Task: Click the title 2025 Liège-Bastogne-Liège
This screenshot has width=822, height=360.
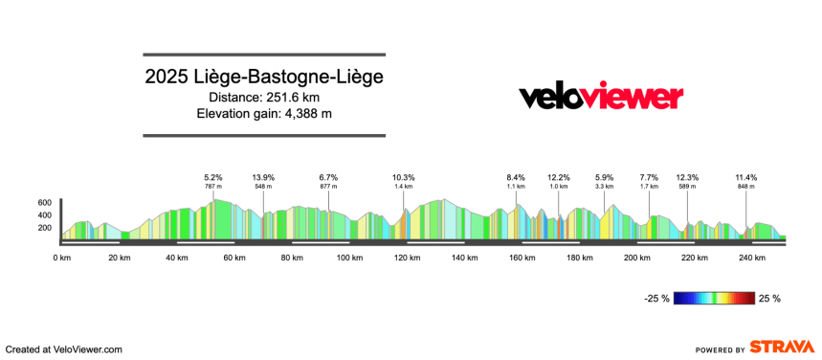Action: point(264,77)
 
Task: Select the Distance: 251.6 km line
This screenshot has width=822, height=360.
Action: point(264,97)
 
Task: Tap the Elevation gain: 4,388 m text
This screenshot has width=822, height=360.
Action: point(264,114)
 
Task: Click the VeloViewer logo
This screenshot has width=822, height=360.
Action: point(601,97)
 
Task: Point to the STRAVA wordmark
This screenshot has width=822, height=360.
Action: point(783,348)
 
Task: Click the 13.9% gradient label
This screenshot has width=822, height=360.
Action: point(264,177)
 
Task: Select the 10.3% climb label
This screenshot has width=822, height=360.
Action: point(404,177)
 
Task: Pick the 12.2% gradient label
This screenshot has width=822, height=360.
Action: point(559,177)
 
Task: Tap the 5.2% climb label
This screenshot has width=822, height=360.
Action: point(213,177)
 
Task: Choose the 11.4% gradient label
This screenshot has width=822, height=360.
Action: point(746,177)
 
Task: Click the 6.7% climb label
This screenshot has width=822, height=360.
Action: point(329,177)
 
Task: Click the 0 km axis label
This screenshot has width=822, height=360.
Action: point(61,258)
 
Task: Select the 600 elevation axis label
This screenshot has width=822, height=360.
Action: point(44,203)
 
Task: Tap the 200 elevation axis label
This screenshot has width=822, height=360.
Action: point(44,228)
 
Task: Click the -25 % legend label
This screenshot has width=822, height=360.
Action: point(655,299)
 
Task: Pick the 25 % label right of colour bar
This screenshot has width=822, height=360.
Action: point(770,299)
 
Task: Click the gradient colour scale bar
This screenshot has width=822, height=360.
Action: point(714,299)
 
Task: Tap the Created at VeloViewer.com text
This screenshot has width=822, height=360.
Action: point(64,349)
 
